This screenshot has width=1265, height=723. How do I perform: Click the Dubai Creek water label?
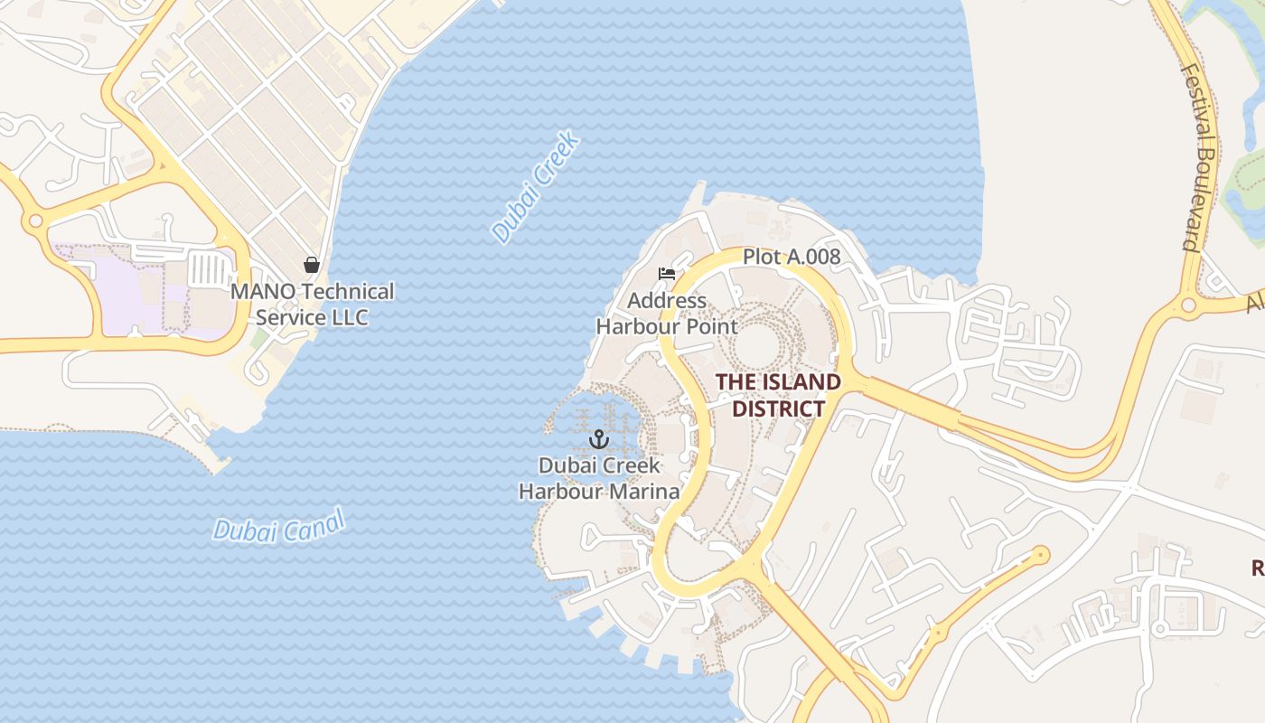[535, 187]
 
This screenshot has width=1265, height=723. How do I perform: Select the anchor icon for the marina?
[597, 440]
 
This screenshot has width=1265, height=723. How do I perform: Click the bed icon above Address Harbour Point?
[667, 274]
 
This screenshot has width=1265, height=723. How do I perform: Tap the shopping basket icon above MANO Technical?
[312, 265]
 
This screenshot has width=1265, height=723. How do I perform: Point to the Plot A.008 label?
[791, 257]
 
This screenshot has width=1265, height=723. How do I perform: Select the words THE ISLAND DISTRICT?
[778, 395]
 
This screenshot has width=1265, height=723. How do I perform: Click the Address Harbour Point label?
[667, 314]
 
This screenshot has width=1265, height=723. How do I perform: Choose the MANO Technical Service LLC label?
[312, 305]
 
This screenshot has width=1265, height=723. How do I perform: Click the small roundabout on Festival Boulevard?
[1188, 305]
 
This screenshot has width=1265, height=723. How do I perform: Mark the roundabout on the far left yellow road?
[35, 221]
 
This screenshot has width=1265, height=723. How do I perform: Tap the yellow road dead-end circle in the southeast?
[1041, 554]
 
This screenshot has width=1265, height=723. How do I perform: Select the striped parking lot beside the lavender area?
[208, 268]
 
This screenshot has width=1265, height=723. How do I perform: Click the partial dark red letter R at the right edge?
[1257, 568]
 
